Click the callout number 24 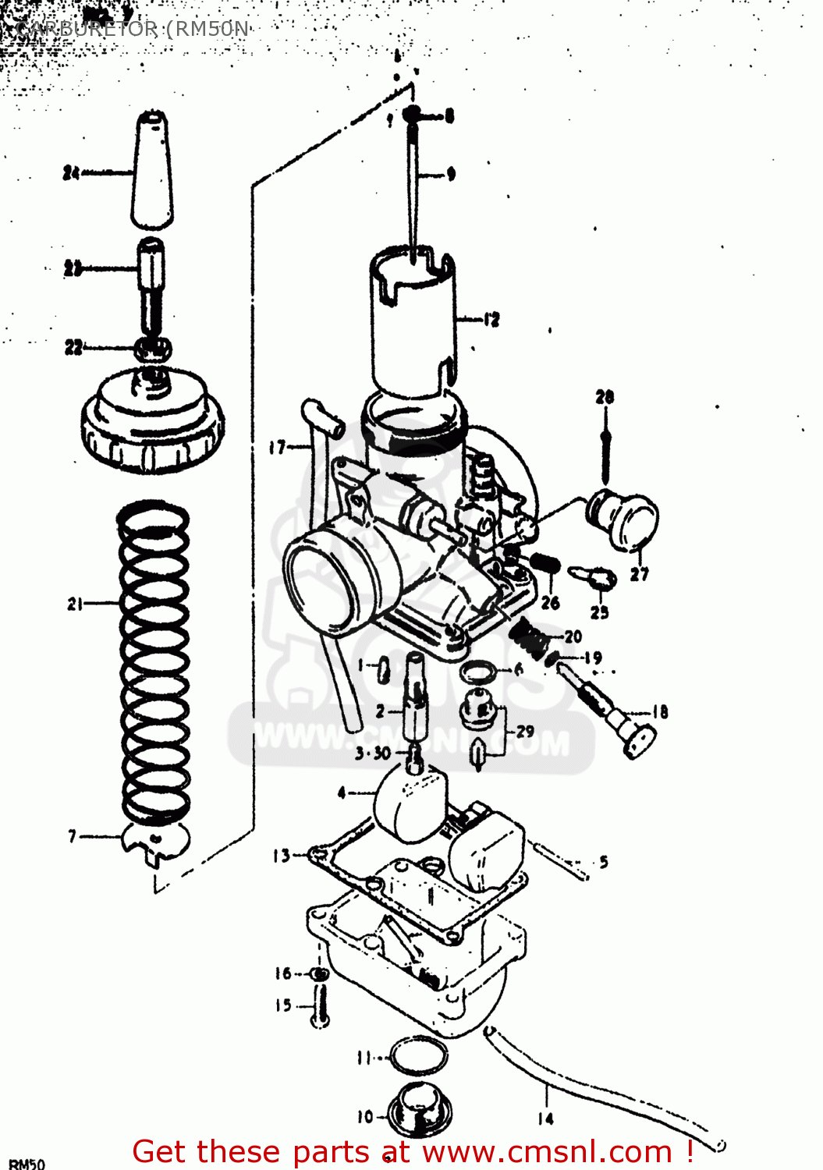pos(72,172)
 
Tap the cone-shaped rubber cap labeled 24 pos(151,172)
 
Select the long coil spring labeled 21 pos(154,663)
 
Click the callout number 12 pos(491,319)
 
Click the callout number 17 pos(278,447)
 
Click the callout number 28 pos(605,397)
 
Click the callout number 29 pos(525,731)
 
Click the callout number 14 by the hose pos(545,1119)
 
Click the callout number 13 pos(281,856)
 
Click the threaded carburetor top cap pos(153,421)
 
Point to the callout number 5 pos(604,862)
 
